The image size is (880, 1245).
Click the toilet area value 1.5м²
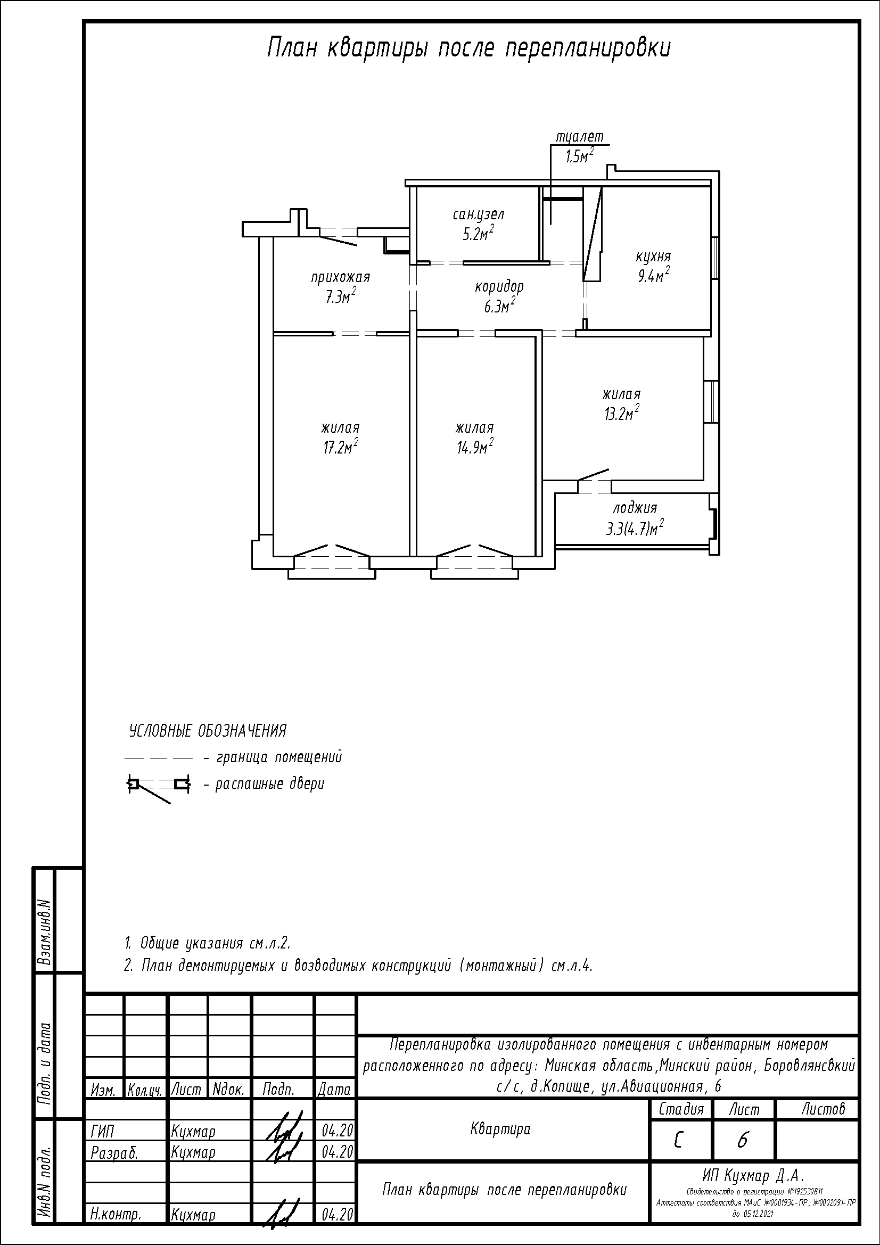point(579,156)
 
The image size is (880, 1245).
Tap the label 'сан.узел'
point(479,215)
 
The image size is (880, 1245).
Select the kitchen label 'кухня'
point(653,257)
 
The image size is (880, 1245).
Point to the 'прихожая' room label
point(341,278)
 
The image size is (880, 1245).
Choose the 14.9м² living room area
point(474,448)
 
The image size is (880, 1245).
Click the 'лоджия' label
point(635,509)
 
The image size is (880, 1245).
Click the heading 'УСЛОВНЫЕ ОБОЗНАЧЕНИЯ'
point(208,731)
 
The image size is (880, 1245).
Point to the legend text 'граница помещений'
point(279,757)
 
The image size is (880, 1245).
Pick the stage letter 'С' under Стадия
point(678,1141)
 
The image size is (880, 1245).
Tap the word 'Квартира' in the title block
point(500,1129)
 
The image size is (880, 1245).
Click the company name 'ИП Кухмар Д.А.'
point(754,1176)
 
